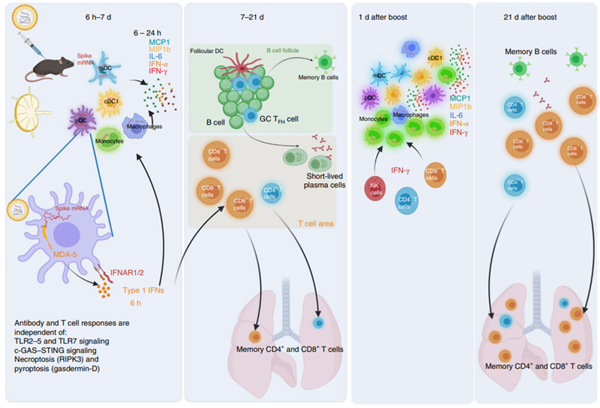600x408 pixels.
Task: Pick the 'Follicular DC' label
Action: coord(208,52)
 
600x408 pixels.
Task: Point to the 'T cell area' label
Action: coord(310,222)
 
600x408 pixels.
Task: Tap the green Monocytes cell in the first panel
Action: coord(110,138)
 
